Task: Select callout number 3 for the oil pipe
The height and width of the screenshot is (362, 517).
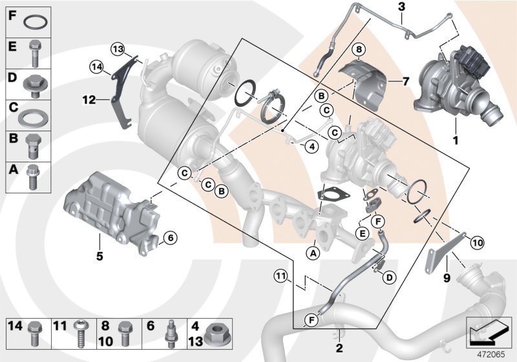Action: (x=401, y=7)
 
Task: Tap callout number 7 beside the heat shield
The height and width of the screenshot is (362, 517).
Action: (x=405, y=81)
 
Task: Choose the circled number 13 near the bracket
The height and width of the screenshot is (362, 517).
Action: (x=116, y=49)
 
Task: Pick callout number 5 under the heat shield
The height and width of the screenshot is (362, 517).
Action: (x=100, y=256)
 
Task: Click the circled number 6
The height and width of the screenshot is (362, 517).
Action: (x=169, y=238)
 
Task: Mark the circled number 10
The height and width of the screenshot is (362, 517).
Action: (x=476, y=243)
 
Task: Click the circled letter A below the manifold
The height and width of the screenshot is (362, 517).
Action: (x=313, y=253)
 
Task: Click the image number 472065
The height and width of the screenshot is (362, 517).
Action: (x=489, y=354)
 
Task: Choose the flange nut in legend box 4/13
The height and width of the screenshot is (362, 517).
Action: (x=215, y=335)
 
